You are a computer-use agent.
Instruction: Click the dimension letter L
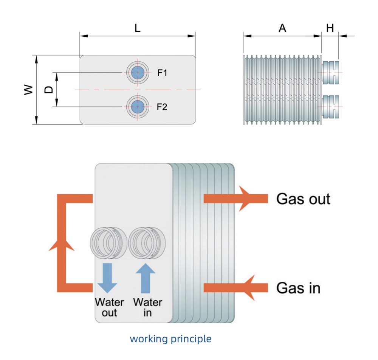tap(138, 28)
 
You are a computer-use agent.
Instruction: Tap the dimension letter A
tap(282, 28)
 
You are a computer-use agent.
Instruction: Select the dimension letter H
tap(330, 28)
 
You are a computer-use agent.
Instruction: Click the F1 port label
tap(162, 73)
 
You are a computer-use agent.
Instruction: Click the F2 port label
tap(162, 107)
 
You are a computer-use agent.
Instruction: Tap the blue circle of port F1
tap(138, 73)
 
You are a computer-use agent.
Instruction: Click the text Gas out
tap(303, 199)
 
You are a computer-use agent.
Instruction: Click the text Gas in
tap(298, 288)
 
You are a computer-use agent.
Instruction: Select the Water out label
tap(109, 307)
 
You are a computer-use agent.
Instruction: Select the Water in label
tap(147, 307)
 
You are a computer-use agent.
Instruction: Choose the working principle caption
tap(170, 339)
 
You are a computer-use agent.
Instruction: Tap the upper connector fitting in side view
tap(331, 72)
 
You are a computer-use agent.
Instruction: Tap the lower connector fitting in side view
tap(331, 106)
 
